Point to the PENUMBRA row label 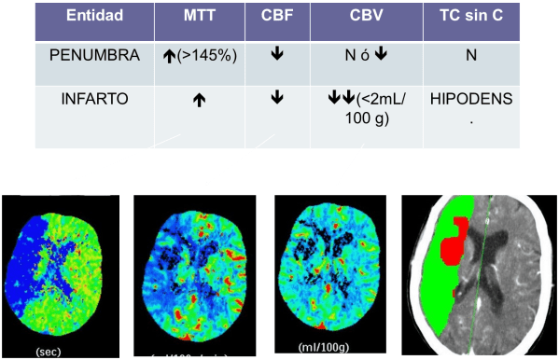91,55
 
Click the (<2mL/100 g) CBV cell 372,107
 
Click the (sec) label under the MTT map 49,352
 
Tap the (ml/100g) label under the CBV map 324,349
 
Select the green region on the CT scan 434,280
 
